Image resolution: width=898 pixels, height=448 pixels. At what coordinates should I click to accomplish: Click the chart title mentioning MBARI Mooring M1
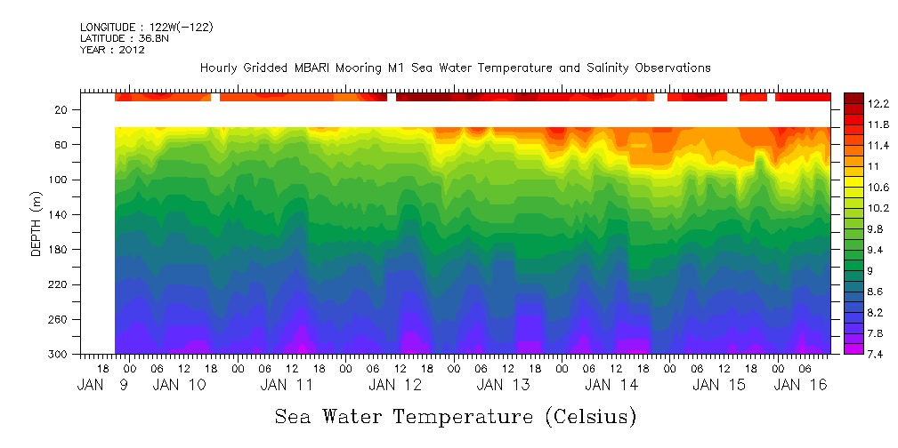click(455, 68)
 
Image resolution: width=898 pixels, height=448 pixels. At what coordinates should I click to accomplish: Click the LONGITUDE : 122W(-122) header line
click(146, 28)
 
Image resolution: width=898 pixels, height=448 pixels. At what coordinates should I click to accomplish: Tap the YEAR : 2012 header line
click(112, 50)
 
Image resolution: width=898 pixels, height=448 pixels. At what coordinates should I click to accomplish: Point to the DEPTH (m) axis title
click(36, 227)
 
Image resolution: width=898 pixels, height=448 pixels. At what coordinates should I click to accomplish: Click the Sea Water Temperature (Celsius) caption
click(455, 416)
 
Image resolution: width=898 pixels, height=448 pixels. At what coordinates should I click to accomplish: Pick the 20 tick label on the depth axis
click(62, 110)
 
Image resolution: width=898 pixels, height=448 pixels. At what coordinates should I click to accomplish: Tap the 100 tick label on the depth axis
click(60, 180)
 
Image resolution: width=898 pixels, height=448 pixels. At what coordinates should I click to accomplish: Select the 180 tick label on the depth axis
click(60, 250)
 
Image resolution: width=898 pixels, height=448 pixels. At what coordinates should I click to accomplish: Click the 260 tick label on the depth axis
click(60, 319)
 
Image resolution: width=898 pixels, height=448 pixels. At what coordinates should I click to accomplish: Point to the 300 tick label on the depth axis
click(60, 354)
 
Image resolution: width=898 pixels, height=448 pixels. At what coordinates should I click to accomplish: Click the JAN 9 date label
click(105, 385)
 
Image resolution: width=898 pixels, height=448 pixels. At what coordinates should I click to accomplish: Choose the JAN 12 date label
click(394, 385)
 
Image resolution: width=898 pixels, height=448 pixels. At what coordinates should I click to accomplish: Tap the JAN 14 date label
click(611, 385)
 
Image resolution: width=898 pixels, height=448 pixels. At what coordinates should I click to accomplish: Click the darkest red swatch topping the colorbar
click(854, 96)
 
